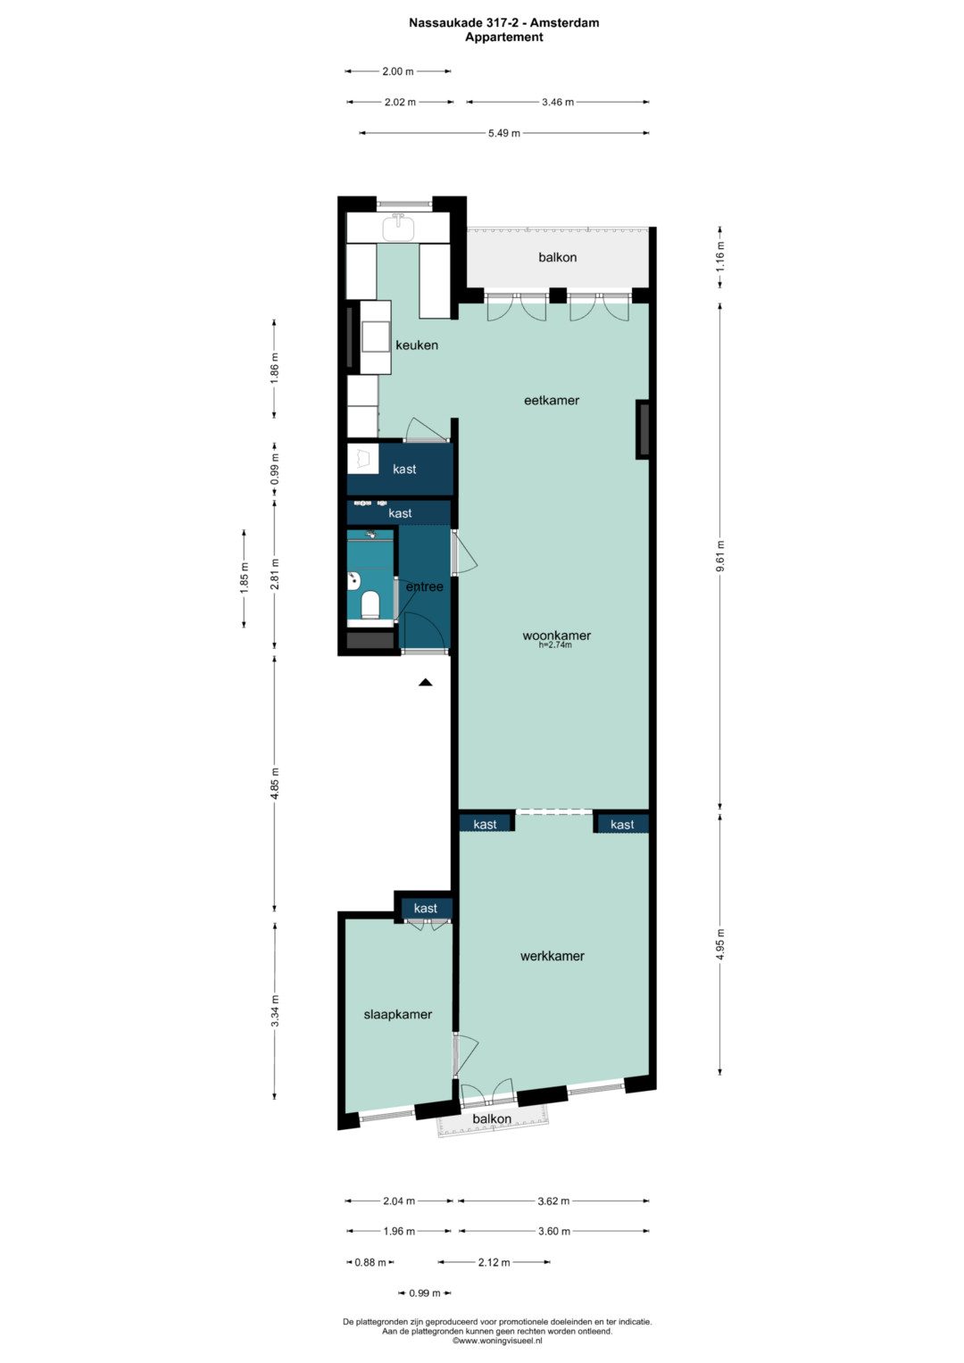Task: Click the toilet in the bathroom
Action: pos(370,604)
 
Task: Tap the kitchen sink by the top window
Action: pos(398,228)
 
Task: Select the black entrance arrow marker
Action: pos(426,682)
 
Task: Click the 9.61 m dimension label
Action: pos(720,556)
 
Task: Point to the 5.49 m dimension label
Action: pos(504,133)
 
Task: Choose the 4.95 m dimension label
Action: pos(720,945)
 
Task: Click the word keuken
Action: pos(417,345)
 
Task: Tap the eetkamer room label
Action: pos(552,401)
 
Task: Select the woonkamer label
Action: pos(557,636)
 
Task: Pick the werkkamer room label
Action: pos(552,956)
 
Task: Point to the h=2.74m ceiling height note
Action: pos(555,645)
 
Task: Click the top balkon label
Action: pos(558,257)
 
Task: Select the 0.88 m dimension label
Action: pos(370,1262)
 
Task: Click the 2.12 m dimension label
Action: pos(494,1262)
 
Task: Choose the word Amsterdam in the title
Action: pos(565,23)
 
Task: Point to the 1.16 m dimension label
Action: pos(720,257)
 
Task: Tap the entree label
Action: pos(424,586)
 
